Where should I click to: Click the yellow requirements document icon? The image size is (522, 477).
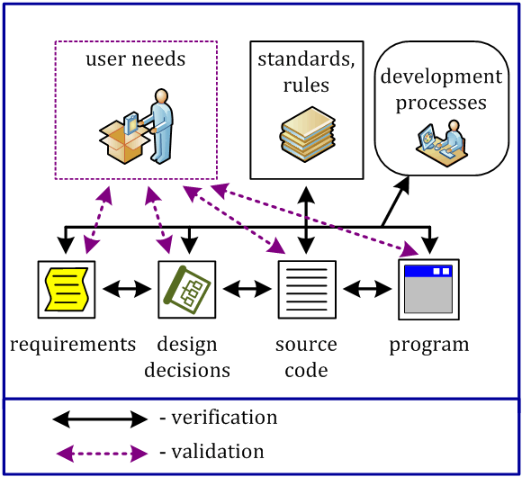point(67,289)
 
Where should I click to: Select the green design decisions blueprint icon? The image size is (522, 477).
point(188,289)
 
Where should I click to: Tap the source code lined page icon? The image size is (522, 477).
point(308,289)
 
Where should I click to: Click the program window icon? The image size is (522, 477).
point(428,289)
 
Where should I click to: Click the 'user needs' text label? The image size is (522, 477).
point(136,60)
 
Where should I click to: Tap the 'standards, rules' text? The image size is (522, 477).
point(306,73)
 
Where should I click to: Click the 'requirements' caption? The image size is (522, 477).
point(73,345)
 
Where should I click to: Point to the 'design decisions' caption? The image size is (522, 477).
point(193,356)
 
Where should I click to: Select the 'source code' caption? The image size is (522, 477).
point(306,356)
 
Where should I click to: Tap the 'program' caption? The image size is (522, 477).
point(429,345)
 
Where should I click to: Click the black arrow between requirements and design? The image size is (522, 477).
point(127,289)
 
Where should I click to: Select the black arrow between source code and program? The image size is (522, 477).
point(367,289)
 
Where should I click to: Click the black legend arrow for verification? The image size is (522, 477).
point(99,418)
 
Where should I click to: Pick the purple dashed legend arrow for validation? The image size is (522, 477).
point(99,452)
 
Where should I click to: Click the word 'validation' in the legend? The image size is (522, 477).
point(219,452)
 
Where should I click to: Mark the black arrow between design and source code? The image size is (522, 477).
point(247,289)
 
